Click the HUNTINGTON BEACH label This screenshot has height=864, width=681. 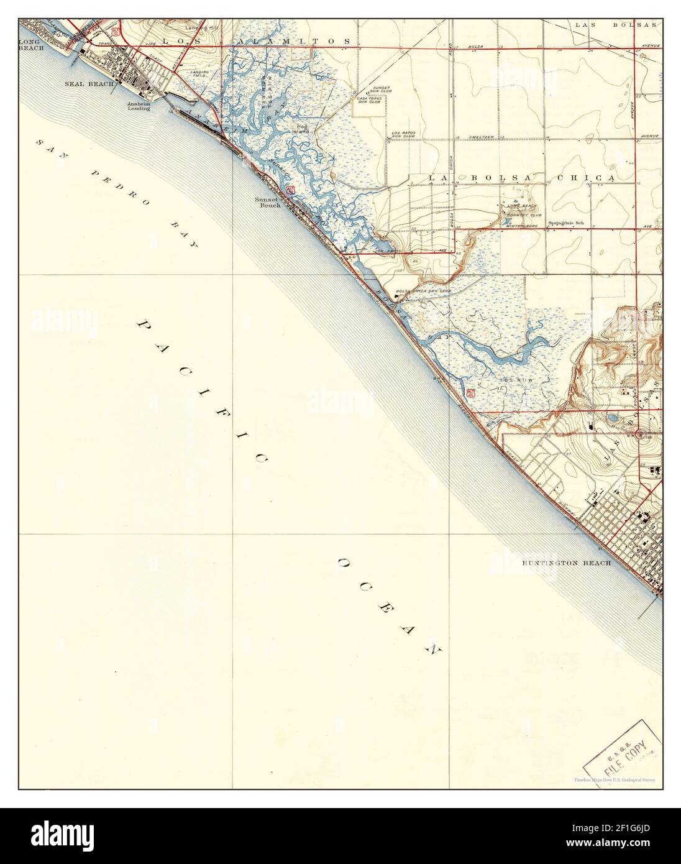[567, 563]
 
